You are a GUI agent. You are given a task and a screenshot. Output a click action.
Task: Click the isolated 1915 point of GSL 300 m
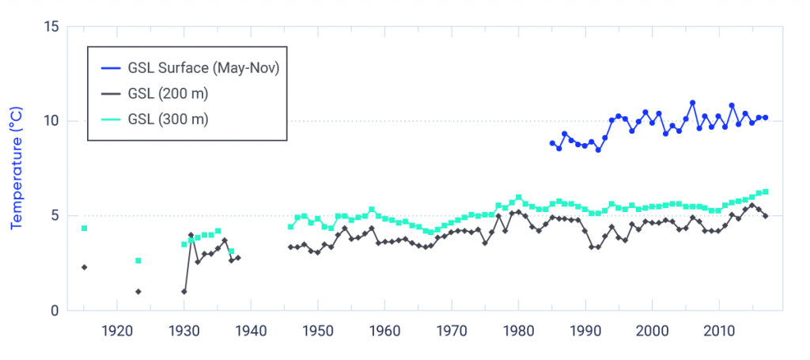coord(84,228)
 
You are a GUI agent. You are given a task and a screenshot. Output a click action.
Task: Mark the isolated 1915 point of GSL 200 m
coord(84,267)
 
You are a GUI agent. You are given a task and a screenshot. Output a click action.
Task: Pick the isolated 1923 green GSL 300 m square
coord(138,260)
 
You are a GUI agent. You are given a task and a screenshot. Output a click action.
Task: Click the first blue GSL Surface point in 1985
coord(552,143)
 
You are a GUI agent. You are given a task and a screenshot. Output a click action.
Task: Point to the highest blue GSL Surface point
coord(692,103)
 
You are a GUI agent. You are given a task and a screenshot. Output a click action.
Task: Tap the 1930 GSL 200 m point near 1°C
coord(184,291)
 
